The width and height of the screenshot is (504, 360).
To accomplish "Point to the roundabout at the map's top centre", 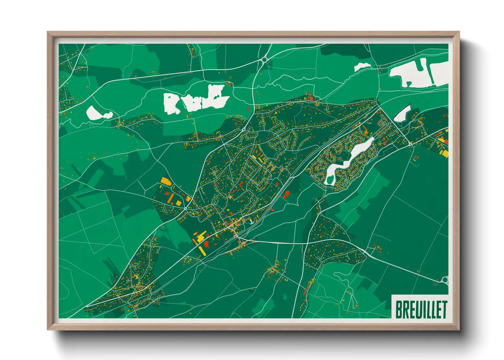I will point(265,60).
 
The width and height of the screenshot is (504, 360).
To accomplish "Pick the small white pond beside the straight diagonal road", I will point(403,113).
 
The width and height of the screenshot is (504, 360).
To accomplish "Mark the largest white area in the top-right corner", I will point(419,73).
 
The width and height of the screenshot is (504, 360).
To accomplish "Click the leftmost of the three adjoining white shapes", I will point(173,103).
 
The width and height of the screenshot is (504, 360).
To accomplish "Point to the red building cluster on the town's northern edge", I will point(310,98).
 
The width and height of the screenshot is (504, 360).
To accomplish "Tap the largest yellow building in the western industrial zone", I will point(166,180).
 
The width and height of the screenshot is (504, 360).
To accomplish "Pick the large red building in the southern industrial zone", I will point(206,244).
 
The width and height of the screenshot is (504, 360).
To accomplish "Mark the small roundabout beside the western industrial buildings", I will point(185,208).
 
